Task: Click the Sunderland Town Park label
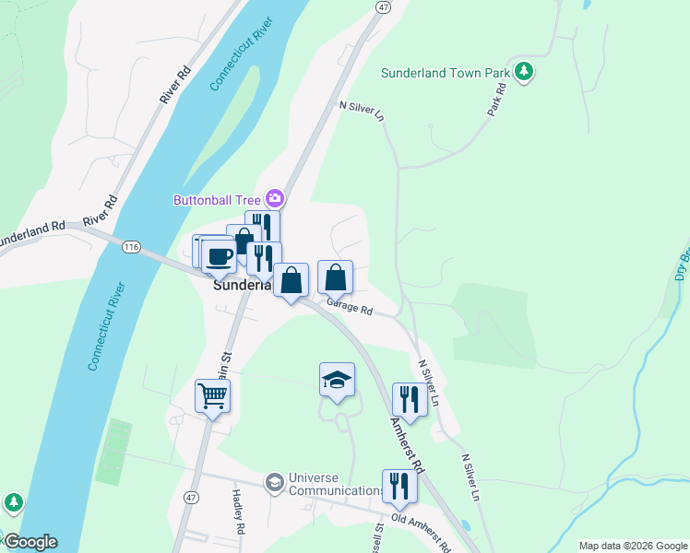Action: (446, 72)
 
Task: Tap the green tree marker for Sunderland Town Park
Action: (524, 71)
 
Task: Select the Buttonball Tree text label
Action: (217, 199)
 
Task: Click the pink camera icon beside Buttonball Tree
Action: (274, 198)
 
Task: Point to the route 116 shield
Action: (130, 246)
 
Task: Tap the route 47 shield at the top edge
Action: (383, 6)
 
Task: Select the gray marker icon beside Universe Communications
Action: (274, 482)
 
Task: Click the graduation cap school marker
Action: (337, 380)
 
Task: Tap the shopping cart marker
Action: (212, 396)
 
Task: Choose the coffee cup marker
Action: (219, 255)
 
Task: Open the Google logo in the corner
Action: (30, 542)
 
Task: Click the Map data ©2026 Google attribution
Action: (633, 546)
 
